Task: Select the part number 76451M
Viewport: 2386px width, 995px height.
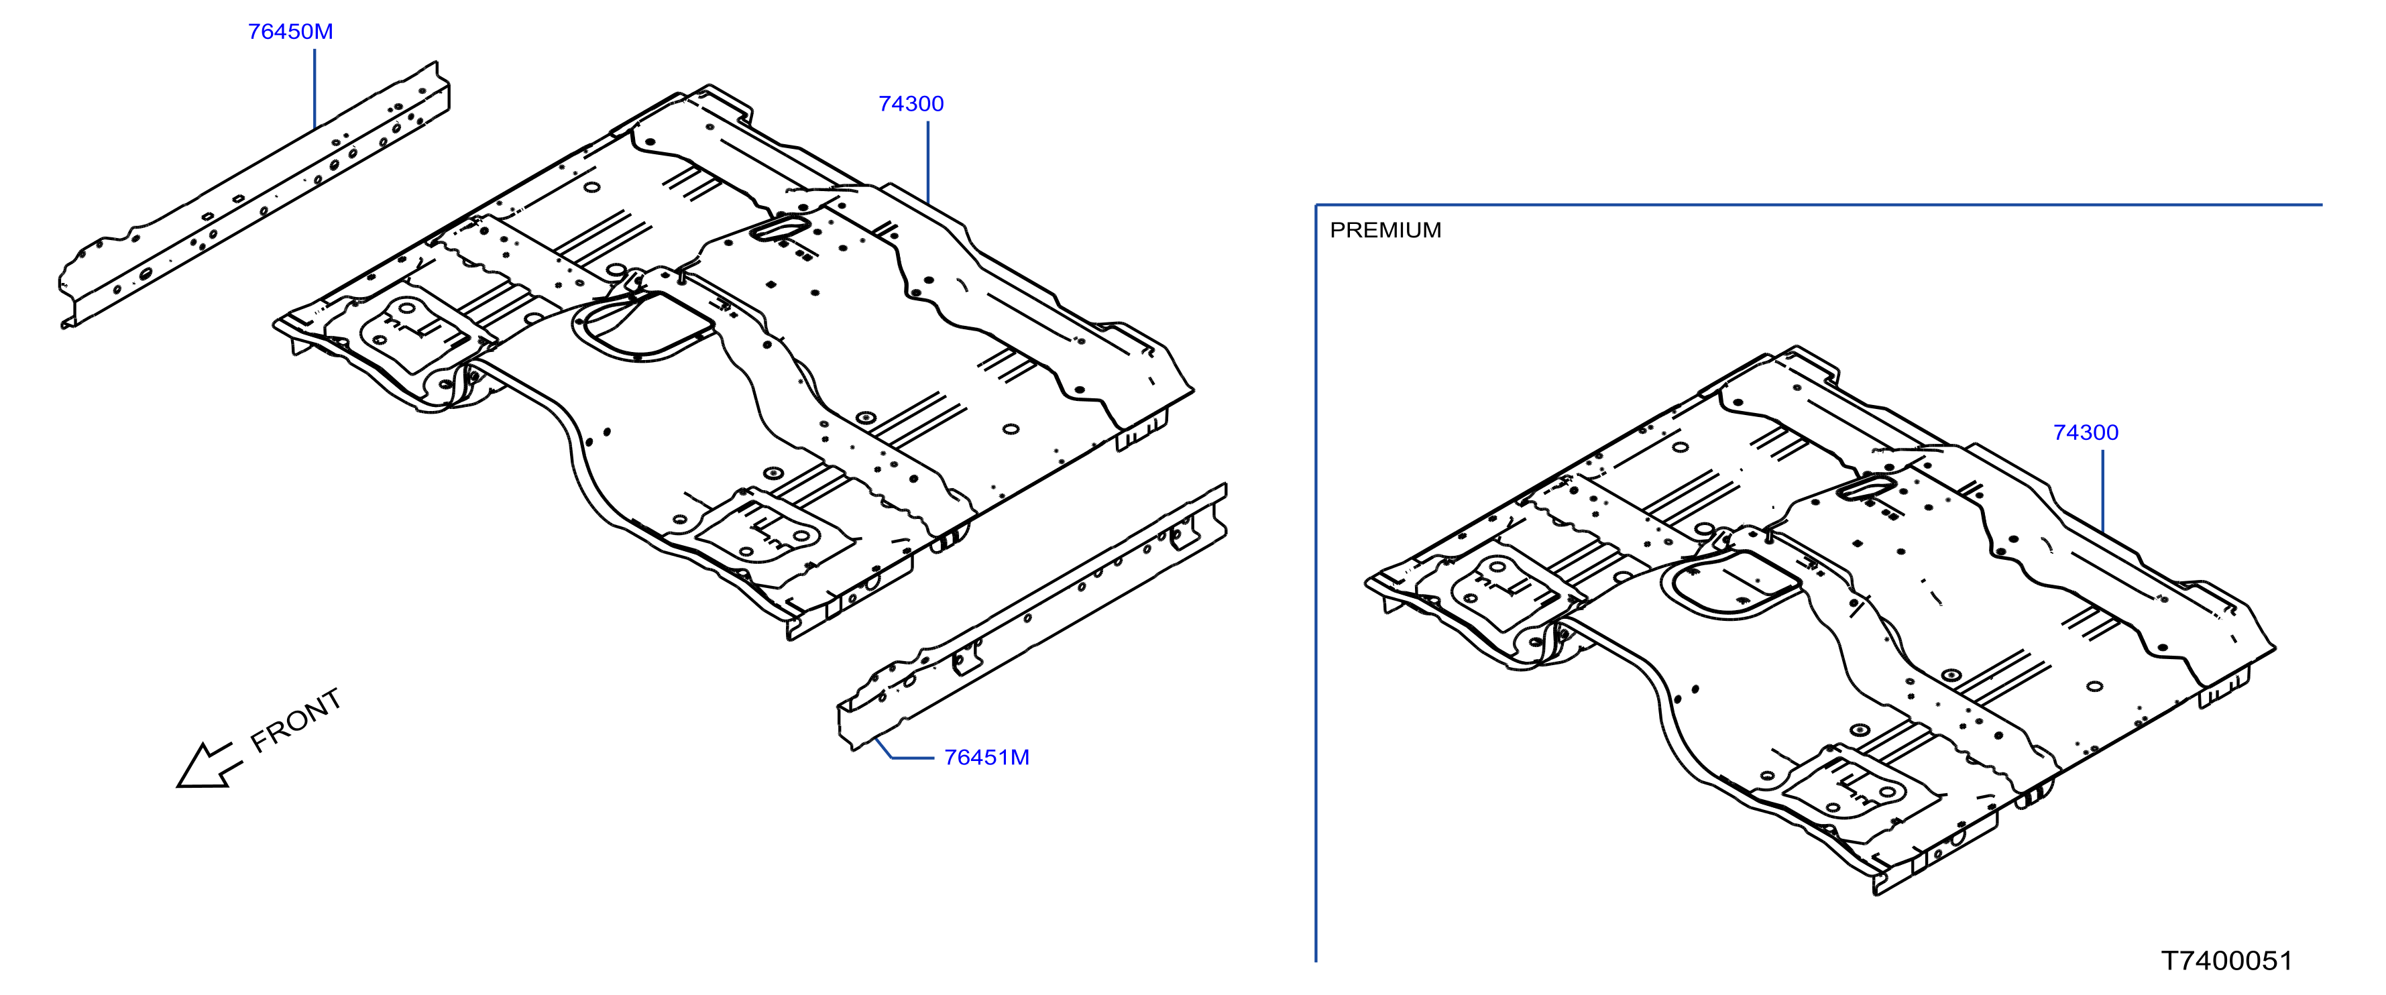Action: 986,757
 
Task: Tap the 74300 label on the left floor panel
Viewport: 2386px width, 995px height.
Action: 911,104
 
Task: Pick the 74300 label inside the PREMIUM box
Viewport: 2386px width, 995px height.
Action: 2085,432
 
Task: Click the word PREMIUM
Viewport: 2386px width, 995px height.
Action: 1385,230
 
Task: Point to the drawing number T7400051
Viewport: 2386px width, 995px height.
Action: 2226,961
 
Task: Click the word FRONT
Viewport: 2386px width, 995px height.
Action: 296,720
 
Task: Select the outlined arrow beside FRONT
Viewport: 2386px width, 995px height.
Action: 209,765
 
